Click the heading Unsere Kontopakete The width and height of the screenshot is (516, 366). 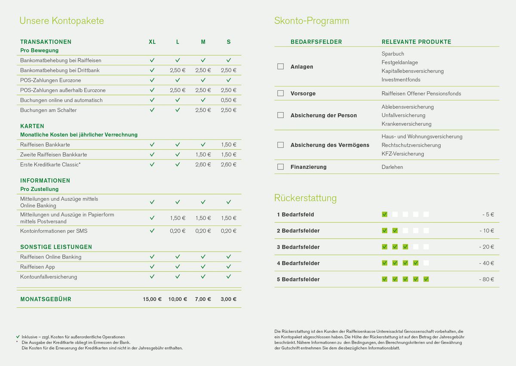[x=62, y=21]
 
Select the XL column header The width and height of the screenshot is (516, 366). [x=152, y=42]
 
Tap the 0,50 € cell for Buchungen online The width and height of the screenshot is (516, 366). [x=228, y=100]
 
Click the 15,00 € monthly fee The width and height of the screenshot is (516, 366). [x=152, y=299]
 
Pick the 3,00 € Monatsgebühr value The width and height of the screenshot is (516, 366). [x=228, y=299]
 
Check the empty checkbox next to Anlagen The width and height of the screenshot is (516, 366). [x=281, y=67]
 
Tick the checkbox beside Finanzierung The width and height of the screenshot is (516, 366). [x=281, y=167]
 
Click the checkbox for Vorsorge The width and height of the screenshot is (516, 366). [x=281, y=93]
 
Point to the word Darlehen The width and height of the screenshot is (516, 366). [x=392, y=167]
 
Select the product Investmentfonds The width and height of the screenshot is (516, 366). [x=401, y=80]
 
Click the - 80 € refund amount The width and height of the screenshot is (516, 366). [x=487, y=280]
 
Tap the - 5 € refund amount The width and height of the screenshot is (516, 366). [x=488, y=215]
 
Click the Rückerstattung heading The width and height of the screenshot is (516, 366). [x=305, y=198]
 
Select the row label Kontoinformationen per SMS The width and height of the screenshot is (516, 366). [x=54, y=231]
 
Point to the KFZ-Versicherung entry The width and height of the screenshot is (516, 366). [x=402, y=154]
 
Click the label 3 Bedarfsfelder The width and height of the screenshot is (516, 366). [x=298, y=247]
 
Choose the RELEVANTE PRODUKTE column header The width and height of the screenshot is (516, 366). [x=416, y=42]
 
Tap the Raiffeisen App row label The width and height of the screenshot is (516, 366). [x=37, y=267]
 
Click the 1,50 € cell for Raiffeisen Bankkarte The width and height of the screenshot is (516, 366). [x=228, y=145]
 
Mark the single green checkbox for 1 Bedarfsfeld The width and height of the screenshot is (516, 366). [x=384, y=215]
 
